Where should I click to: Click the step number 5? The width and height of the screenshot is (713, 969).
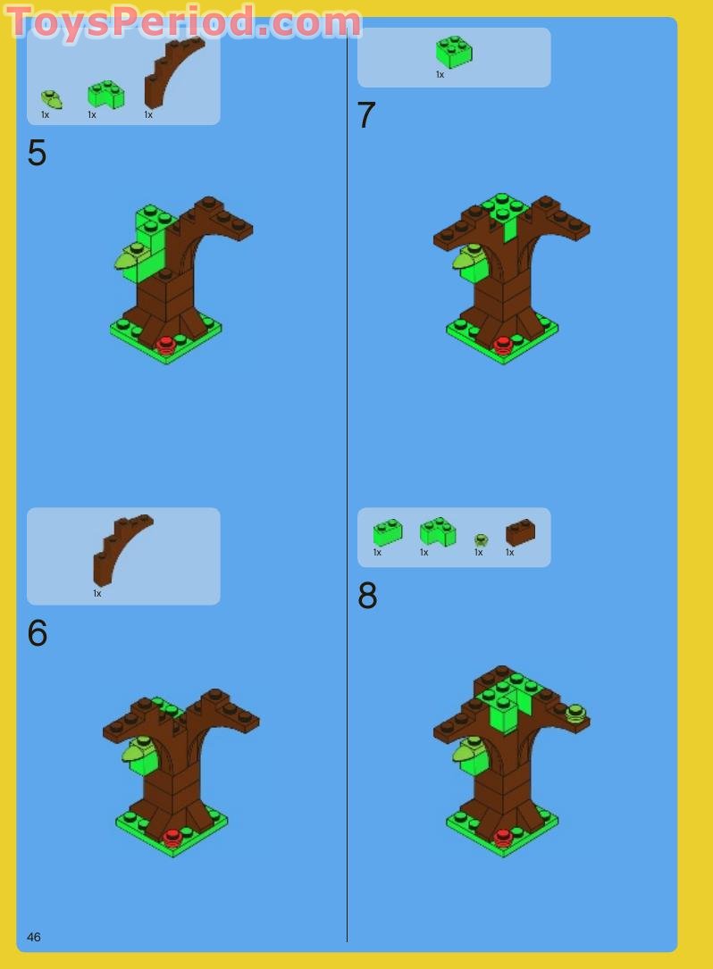[38, 153]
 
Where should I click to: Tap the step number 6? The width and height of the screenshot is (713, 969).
[38, 633]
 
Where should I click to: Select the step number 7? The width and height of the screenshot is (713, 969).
[366, 115]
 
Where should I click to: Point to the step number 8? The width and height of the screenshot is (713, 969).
[367, 595]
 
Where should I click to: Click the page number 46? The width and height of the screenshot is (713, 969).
[34, 937]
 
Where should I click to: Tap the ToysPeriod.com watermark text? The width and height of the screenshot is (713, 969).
[183, 22]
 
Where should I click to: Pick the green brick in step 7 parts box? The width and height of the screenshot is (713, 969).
[454, 51]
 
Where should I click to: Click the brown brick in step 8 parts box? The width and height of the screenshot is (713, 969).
[520, 532]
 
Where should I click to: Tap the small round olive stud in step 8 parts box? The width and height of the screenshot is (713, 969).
[481, 540]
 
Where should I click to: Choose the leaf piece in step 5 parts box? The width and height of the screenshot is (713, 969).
[51, 99]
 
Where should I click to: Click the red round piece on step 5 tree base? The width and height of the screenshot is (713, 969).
[165, 345]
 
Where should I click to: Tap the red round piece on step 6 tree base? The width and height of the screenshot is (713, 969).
[172, 838]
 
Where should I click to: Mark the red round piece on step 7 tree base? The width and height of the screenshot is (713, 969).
[502, 344]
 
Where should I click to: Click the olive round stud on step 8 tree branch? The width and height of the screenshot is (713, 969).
[575, 713]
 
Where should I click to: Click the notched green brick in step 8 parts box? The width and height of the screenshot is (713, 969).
[437, 531]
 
